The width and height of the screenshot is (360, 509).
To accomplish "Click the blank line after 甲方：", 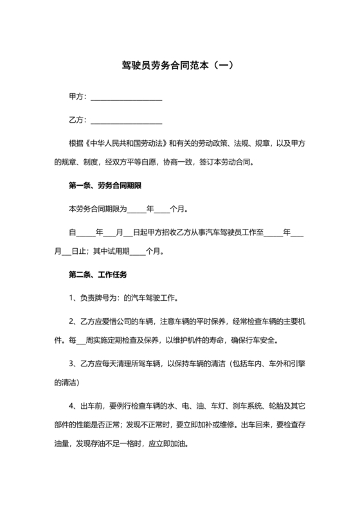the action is [126, 98].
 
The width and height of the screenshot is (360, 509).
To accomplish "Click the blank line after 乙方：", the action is [126, 121].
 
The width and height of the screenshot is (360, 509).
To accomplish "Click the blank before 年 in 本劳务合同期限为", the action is [137, 210].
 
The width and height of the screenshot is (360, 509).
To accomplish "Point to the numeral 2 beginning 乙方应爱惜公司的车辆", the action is [71, 319].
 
